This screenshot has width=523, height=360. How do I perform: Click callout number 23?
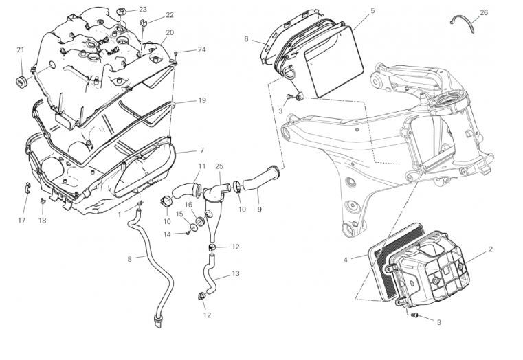(x=142, y=10)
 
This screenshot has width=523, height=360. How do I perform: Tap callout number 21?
(x=21, y=49)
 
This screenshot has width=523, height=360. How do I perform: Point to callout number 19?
(x=202, y=100)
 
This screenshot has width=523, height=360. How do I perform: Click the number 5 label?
(x=372, y=11)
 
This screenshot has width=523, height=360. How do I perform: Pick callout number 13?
(x=236, y=273)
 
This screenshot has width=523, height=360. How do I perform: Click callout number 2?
(x=490, y=249)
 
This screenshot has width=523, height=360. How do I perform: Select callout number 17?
(x=22, y=220)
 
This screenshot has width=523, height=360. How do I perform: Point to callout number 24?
(x=201, y=49)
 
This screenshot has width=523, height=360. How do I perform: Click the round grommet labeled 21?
(x=21, y=82)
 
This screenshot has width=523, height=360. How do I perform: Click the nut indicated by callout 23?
(x=121, y=11)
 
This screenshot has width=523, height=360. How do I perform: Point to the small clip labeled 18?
(x=42, y=201)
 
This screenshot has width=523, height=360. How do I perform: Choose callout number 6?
(x=246, y=39)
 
